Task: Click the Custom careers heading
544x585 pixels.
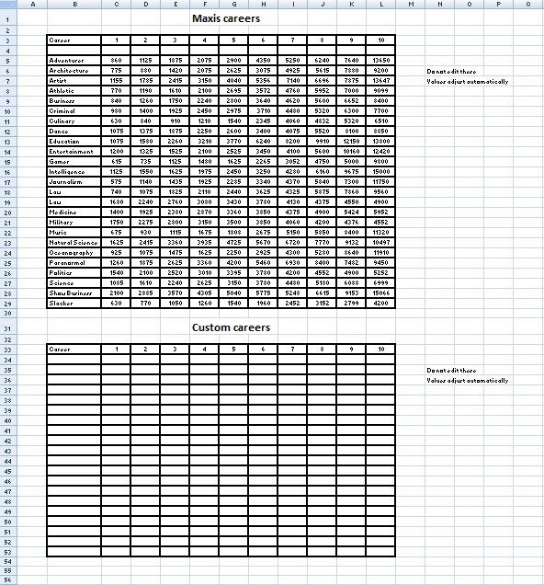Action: click(x=232, y=327)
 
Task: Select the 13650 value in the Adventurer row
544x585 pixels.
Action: click(x=380, y=60)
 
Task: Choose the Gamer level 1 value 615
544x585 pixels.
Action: click(x=116, y=161)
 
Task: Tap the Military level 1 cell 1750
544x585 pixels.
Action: click(x=116, y=222)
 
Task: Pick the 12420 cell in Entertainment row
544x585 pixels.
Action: click(x=380, y=151)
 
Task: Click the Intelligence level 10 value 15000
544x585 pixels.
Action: click(x=380, y=171)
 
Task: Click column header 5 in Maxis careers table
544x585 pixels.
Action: click(x=233, y=40)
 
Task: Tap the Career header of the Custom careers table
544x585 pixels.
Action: click(x=60, y=350)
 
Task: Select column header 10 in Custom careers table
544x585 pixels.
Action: click(x=380, y=350)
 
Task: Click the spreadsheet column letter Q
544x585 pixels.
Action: click(x=527, y=4)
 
